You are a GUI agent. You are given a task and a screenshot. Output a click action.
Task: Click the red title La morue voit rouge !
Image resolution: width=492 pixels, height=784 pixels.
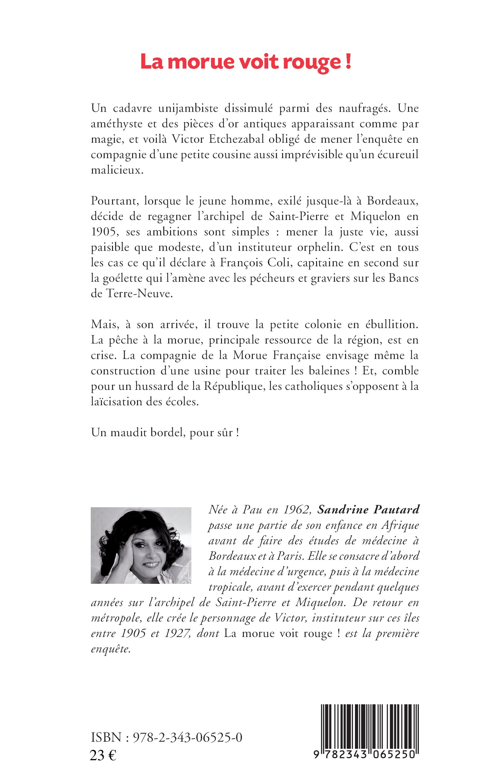tap(246, 62)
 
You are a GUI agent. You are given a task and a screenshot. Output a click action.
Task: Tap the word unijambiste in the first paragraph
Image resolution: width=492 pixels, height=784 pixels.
tap(188, 108)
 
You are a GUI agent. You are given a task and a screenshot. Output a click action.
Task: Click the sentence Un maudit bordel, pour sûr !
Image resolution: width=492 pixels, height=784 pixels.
tap(165, 432)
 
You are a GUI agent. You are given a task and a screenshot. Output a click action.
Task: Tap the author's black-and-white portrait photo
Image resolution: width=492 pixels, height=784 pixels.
tap(141, 545)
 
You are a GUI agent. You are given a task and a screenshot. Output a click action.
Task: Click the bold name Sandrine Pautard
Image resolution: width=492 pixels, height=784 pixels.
tap(368, 509)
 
